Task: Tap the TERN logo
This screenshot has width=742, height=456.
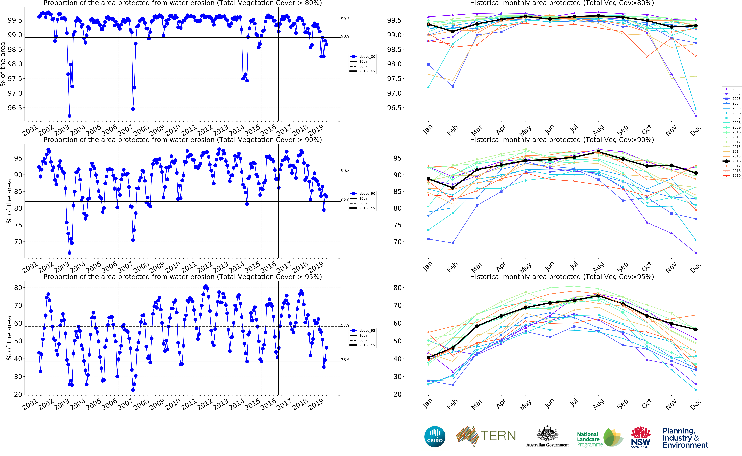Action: (486, 436)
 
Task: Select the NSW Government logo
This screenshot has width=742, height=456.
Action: (640, 437)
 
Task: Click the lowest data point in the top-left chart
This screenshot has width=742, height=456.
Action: (70, 116)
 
